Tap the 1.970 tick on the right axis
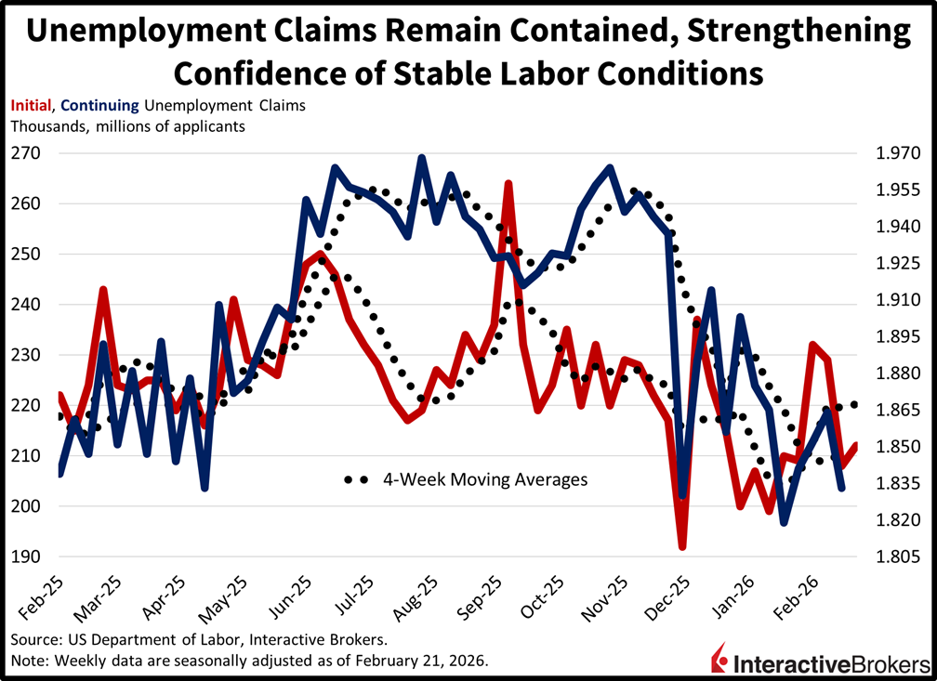coord(891,153)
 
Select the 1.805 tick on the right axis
coord(891,557)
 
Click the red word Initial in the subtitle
coord(31,106)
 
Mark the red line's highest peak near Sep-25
coord(508,184)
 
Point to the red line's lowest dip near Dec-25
coord(681,546)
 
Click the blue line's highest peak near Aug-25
coord(421,158)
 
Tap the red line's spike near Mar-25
coord(103,290)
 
